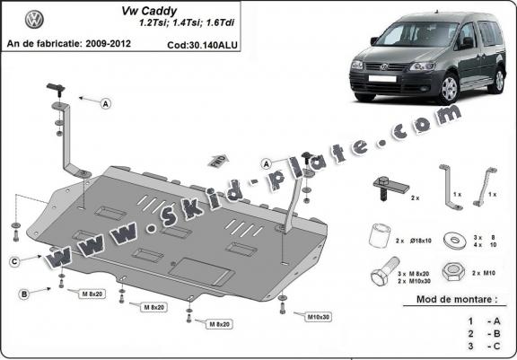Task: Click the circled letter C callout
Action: pyautogui.click(x=16, y=261)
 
